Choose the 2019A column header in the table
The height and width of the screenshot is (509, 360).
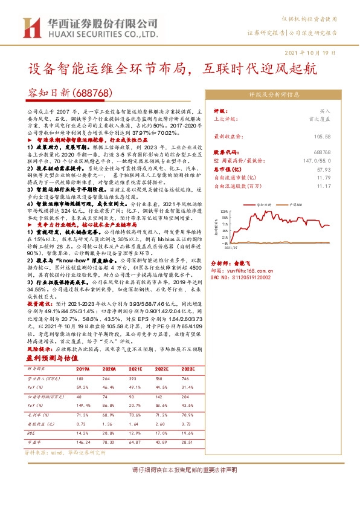83,368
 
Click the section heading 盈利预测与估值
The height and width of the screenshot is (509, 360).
55,358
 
